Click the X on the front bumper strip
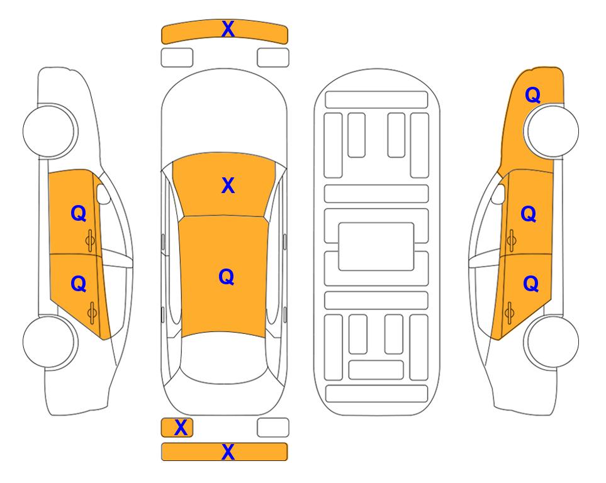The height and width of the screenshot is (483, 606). tap(228, 29)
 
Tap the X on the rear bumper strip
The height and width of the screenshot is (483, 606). tap(228, 452)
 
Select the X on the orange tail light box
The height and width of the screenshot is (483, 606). tap(181, 428)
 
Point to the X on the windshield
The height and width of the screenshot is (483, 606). tap(228, 186)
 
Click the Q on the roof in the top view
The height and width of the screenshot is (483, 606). tap(226, 277)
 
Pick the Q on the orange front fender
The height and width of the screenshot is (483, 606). tap(532, 95)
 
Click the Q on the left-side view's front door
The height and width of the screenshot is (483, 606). tap(79, 213)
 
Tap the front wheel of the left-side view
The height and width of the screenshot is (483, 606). tap(49, 131)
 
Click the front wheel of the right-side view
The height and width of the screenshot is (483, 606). tap(553, 131)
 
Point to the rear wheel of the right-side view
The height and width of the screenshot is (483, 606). tap(553, 341)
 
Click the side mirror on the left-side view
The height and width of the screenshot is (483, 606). tap(103, 194)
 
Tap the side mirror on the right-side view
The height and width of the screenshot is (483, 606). tap(498, 194)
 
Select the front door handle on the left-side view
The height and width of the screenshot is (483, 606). tap(91, 240)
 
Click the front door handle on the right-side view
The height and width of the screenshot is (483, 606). tap(512, 240)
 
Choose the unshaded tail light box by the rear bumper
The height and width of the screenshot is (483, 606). tap(273, 428)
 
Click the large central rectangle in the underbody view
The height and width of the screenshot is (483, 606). tap(376, 247)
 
